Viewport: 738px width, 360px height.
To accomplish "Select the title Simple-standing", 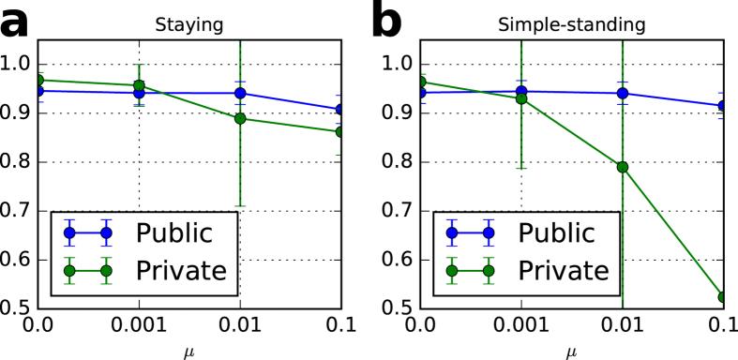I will tap(572, 27).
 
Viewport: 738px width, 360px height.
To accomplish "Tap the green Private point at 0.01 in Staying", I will tap(240, 118).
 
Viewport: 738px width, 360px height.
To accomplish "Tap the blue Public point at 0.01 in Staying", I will tap(240, 93).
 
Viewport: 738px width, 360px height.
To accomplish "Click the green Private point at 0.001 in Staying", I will tap(140, 85).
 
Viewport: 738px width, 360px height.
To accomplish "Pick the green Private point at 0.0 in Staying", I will tap(38, 81).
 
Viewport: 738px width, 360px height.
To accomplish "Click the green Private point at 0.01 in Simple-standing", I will tap(622, 167).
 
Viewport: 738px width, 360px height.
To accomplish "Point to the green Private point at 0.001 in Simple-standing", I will tap(521, 98).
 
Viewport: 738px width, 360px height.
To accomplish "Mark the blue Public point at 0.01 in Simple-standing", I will tap(622, 93).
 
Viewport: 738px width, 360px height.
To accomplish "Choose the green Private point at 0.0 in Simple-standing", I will tap(420, 82).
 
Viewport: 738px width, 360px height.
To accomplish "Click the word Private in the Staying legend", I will tap(183, 273).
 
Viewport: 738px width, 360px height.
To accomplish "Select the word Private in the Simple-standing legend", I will tap(565, 273).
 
